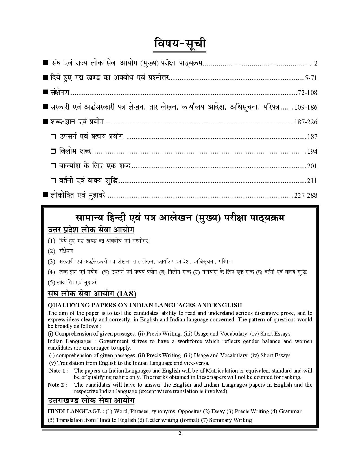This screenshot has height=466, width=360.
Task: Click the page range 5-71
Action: click(x=311, y=78)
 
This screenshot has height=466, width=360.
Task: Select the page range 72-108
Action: click(x=307, y=93)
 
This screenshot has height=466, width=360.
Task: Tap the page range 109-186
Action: click(x=306, y=107)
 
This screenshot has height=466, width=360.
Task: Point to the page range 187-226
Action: click(x=306, y=122)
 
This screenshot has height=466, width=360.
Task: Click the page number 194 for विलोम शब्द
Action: click(x=312, y=151)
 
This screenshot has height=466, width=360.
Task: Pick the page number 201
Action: click(x=312, y=166)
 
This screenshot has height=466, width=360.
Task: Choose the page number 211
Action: click(x=312, y=181)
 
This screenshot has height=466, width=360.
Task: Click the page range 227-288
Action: click(x=306, y=195)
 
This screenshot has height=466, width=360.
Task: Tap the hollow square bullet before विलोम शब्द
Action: click(x=53, y=152)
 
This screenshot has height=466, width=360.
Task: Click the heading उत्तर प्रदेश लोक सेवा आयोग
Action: click(x=91, y=230)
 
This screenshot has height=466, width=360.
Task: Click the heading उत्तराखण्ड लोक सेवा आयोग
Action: click(x=91, y=400)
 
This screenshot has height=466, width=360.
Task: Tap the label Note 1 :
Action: click(x=59, y=371)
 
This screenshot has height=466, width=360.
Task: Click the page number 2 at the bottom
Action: click(x=180, y=434)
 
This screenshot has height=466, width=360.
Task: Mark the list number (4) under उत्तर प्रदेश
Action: click(x=51, y=272)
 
